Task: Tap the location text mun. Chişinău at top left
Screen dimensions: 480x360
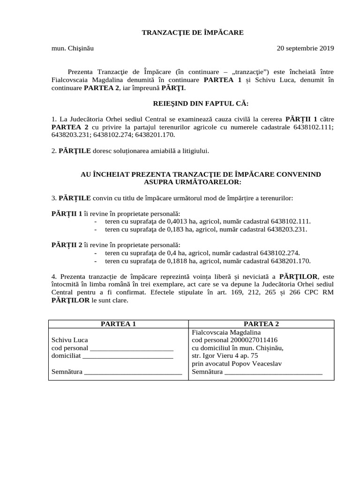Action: point(75,48)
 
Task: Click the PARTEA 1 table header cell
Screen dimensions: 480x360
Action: point(118,324)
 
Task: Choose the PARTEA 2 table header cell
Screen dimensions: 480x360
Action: point(261,324)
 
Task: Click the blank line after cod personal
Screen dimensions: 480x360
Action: point(131,348)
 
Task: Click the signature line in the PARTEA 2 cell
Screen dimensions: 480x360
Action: point(273,373)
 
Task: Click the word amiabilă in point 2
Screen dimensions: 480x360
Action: point(151,150)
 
